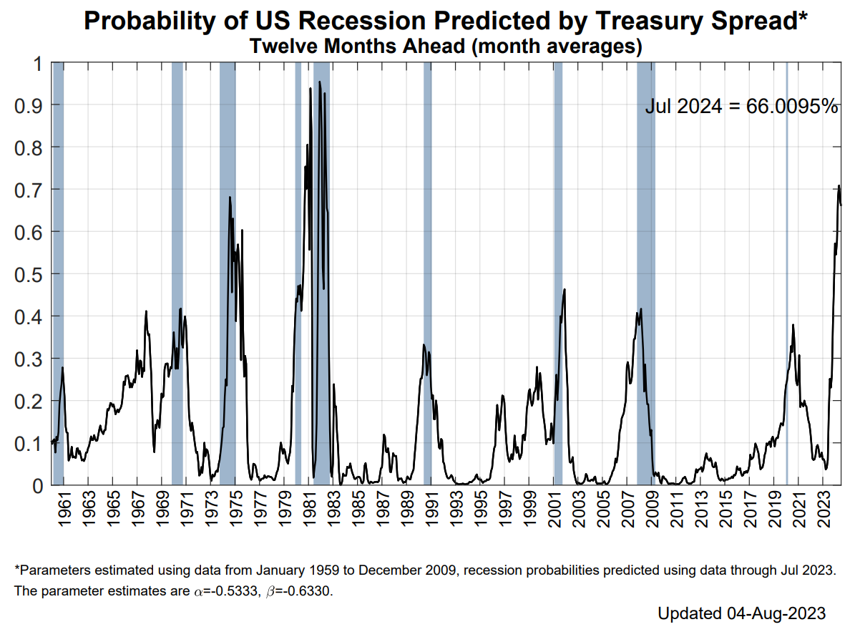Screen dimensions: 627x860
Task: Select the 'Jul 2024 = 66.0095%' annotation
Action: (741, 107)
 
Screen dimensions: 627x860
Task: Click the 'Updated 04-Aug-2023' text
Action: (742, 613)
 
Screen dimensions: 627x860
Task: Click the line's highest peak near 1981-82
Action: (320, 82)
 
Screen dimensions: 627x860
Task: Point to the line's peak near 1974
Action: (230, 197)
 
